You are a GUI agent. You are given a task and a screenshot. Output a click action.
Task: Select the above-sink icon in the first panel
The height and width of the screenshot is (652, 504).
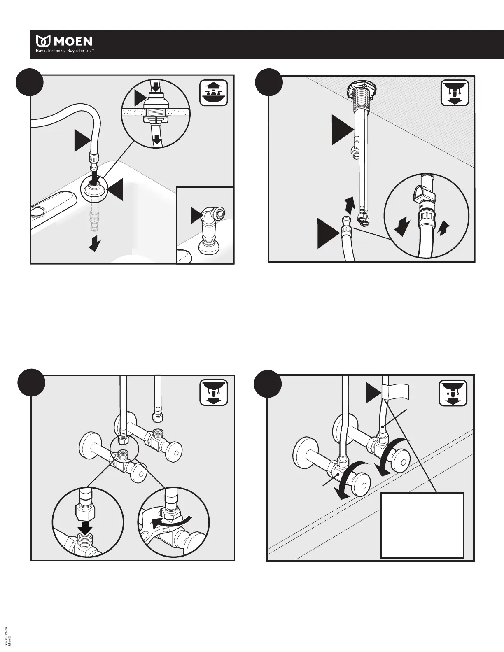(x=213, y=93)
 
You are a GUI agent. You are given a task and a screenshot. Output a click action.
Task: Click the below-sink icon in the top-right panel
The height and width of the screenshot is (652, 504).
(x=455, y=93)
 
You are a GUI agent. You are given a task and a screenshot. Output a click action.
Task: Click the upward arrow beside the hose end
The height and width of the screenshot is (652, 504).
(x=349, y=203)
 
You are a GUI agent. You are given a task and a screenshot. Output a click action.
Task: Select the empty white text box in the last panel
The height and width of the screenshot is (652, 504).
(x=422, y=525)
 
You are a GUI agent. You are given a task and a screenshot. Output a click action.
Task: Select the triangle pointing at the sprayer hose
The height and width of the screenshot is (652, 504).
(x=82, y=140)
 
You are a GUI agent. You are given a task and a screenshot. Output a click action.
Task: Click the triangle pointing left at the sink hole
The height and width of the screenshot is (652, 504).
(x=115, y=189)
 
